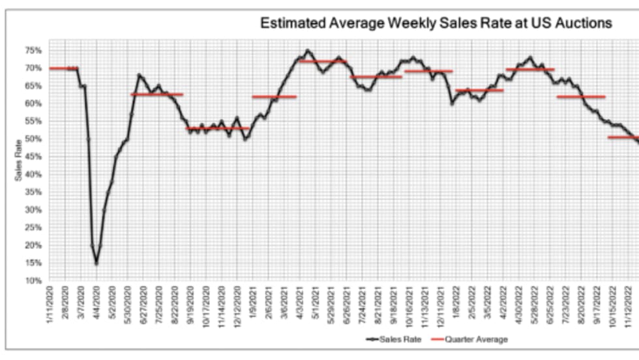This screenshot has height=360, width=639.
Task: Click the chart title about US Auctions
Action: pos(436,23)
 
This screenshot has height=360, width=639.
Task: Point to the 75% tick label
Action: pos(34,50)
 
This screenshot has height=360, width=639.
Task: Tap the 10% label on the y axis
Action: pos(34,280)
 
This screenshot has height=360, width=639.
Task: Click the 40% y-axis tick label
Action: pos(34,174)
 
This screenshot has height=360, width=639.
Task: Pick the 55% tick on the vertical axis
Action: pos(34,121)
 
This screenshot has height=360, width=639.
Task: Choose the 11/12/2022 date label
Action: pos(629,305)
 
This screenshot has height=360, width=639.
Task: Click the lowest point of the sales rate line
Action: pos(97,263)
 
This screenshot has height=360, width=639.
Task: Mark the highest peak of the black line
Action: pos(307,50)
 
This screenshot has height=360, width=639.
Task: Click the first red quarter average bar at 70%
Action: pos(63,68)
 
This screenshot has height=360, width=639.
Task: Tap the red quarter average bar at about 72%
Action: pos(323,61)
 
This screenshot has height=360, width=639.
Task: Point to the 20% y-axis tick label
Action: pos(34,245)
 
